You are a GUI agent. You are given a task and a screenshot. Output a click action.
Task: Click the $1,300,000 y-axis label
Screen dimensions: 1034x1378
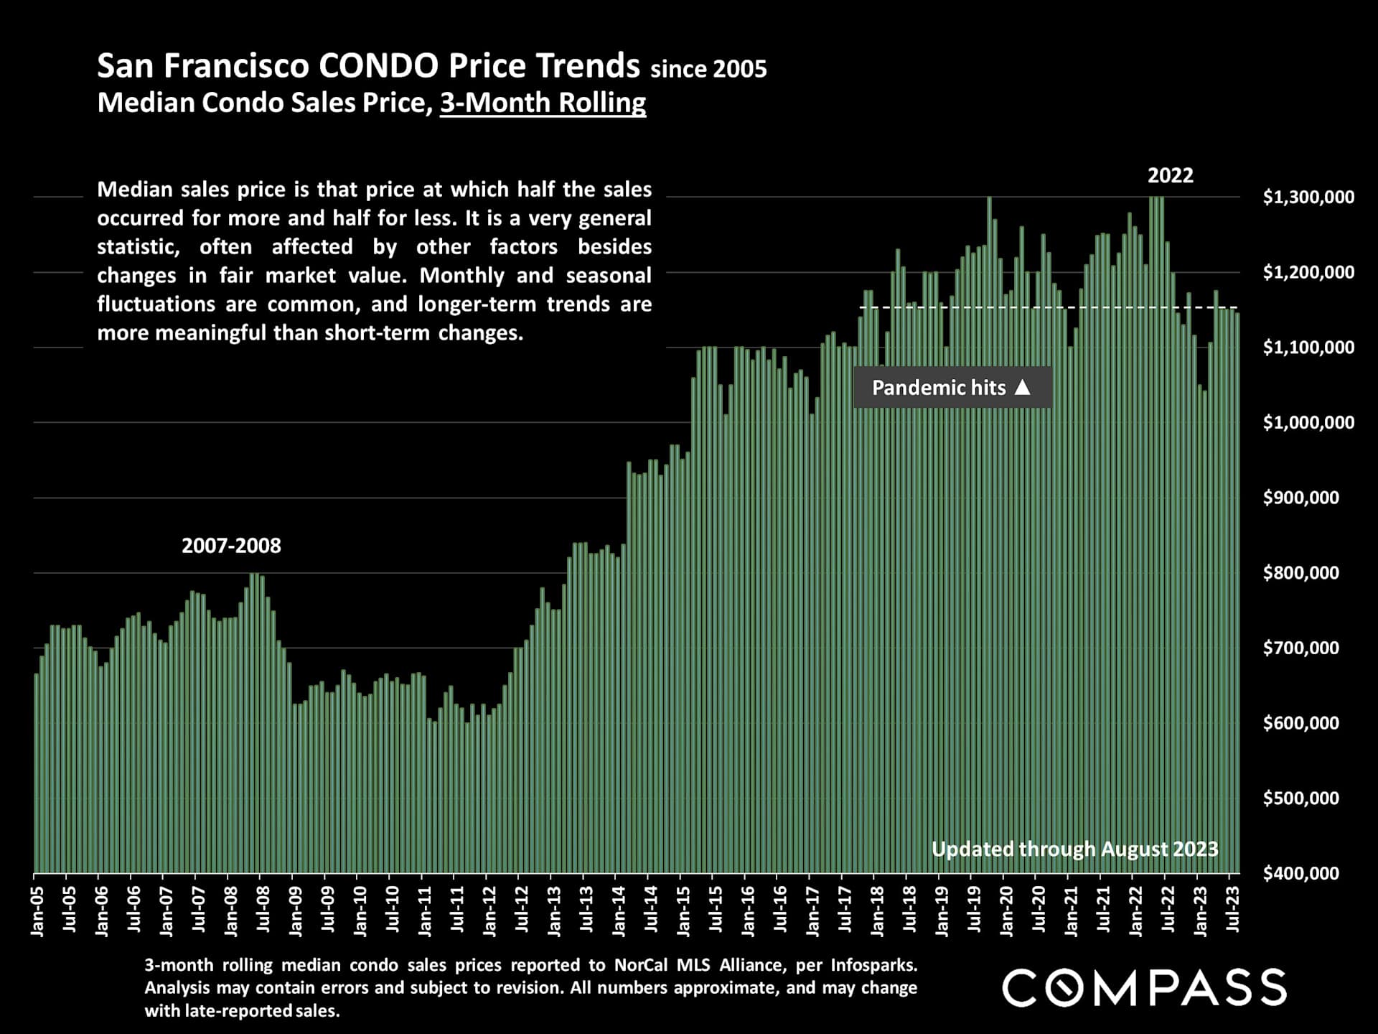(1308, 197)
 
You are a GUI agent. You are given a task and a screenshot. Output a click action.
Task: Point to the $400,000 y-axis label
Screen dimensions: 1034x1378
(1300, 874)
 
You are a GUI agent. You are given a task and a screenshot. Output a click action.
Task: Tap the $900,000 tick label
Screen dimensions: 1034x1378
(1300, 498)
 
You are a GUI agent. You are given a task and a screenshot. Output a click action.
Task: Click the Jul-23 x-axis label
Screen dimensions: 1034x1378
(1233, 909)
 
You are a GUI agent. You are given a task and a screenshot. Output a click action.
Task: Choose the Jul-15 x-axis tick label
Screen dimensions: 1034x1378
(716, 909)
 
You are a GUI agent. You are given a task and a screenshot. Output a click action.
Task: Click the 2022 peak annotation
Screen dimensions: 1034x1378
(1170, 176)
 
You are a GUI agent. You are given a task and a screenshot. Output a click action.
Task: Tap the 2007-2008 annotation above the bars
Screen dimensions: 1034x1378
(231, 546)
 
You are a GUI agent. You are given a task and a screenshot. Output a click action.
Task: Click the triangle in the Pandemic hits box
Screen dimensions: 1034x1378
(1023, 388)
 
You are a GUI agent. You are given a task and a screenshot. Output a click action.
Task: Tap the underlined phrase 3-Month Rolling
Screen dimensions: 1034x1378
(543, 103)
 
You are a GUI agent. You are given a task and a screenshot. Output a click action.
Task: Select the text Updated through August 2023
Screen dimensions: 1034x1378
(1074, 849)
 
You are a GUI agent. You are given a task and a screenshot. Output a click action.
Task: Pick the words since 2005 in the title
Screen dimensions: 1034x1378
(708, 69)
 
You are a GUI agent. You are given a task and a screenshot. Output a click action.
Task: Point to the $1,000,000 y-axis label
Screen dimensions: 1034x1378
(1308, 423)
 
